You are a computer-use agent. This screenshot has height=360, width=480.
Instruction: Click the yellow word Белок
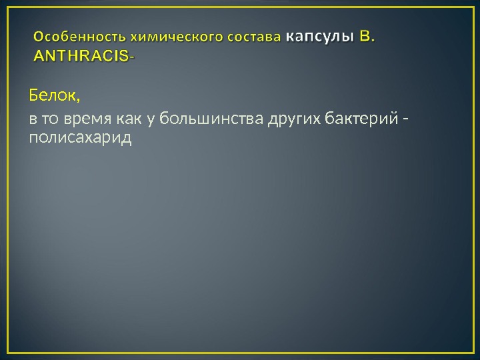coord(51,96)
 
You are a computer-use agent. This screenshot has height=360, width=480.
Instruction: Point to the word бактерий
coord(361,120)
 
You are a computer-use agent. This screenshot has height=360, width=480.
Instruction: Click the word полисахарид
coord(80,138)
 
